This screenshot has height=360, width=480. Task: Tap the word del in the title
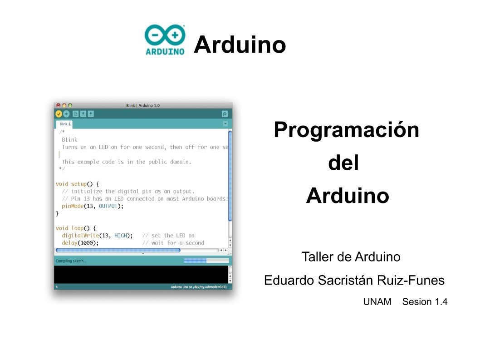(343, 163)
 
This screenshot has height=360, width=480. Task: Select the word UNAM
(377, 301)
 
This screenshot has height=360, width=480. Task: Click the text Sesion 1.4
(425, 301)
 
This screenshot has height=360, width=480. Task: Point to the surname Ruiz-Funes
(411, 280)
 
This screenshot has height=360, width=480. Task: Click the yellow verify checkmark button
(59, 114)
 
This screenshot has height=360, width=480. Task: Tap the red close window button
(58, 105)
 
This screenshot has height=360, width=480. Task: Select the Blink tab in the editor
(64, 124)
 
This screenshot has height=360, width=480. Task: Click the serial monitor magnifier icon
(225, 114)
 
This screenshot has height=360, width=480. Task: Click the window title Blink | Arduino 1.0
(143, 105)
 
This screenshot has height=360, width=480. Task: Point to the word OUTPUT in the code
(108, 206)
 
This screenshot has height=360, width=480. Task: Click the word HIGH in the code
(121, 235)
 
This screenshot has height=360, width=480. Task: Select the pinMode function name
(73, 206)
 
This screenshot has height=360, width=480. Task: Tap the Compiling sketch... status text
(71, 261)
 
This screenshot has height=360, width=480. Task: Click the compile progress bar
(206, 261)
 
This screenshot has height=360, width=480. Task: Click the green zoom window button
(70, 105)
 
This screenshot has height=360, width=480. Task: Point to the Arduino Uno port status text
(199, 287)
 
